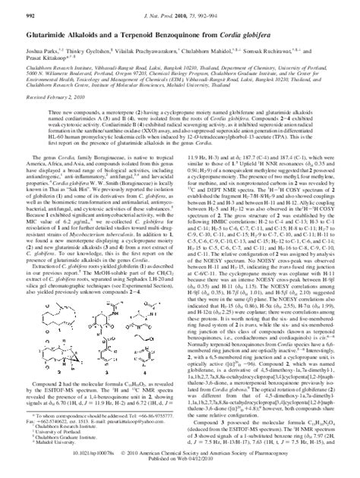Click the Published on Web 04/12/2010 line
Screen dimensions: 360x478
(x=179, y=465)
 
